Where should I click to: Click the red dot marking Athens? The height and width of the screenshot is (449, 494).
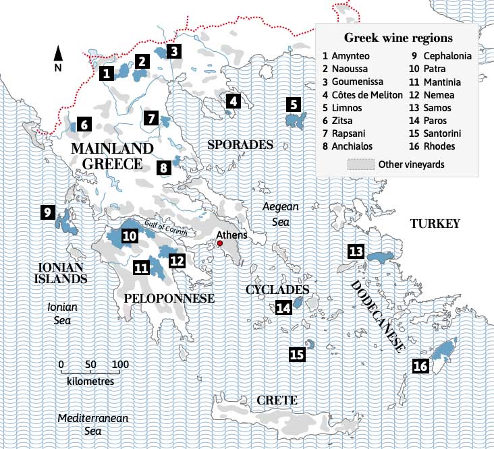pyautogui.click(x=219, y=243)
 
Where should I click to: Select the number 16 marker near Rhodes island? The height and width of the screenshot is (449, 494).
pyautogui.click(x=420, y=366)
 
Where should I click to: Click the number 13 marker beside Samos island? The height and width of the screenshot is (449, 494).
pyautogui.click(x=356, y=252)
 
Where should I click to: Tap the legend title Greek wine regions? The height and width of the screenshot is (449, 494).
pyautogui.click(x=398, y=37)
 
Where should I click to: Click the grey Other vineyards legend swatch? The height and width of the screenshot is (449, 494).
pyautogui.click(x=360, y=164)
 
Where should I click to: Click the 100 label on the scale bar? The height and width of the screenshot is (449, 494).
pyautogui.click(x=119, y=365)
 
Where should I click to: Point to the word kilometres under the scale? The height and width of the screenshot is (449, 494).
pyautogui.click(x=90, y=381)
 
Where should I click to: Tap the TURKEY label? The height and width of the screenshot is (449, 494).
pyautogui.click(x=434, y=224)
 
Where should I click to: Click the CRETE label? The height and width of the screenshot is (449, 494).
pyautogui.click(x=277, y=400)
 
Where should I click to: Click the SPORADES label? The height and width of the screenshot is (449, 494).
pyautogui.click(x=240, y=144)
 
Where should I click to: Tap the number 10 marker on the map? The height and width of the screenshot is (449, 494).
pyautogui.click(x=129, y=236)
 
